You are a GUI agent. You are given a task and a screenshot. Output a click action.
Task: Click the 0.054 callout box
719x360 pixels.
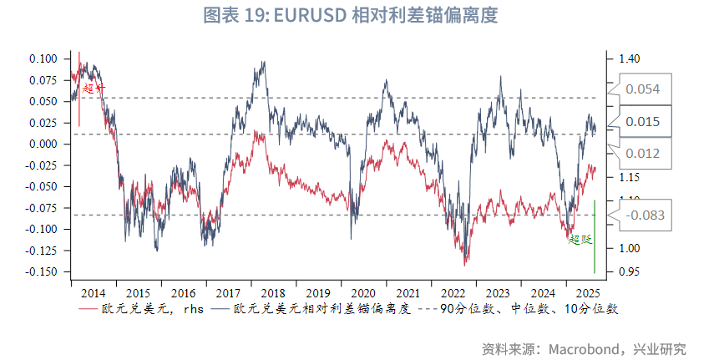(643, 89)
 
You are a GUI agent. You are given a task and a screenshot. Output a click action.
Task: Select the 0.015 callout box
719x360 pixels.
(643, 122)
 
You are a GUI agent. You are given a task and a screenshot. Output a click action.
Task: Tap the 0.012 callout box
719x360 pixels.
(643, 154)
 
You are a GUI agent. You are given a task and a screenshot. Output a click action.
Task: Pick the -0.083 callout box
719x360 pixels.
(645, 215)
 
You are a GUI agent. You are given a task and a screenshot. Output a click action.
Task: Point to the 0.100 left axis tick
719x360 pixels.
(43, 58)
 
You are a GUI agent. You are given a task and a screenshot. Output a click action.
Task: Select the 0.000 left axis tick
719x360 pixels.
(43, 144)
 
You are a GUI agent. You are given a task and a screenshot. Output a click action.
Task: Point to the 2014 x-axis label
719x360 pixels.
(93, 294)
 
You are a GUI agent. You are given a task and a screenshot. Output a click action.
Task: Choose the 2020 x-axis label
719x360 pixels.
(362, 294)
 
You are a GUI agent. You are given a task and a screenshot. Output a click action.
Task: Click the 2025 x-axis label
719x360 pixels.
(587, 294)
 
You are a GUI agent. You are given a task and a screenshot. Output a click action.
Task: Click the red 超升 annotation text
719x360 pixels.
(94, 88)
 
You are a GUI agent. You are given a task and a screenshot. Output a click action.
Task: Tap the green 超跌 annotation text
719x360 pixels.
(580, 240)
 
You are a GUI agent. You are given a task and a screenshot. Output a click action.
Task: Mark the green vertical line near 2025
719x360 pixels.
(595, 238)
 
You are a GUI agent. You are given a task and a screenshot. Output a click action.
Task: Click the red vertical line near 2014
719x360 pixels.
(79, 88)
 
